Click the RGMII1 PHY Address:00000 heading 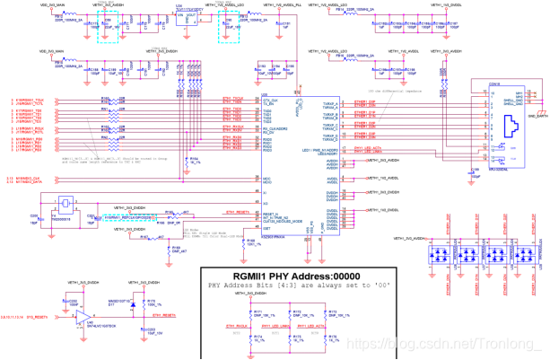[295, 250]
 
